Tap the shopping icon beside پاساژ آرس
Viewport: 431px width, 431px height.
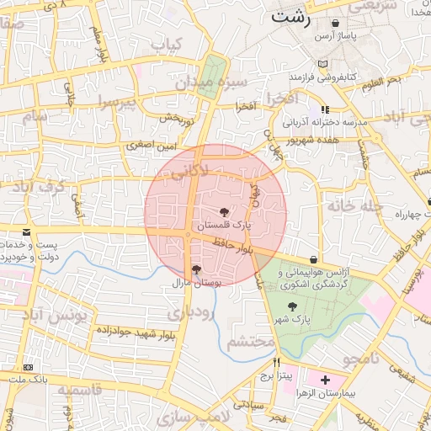pos(337,24)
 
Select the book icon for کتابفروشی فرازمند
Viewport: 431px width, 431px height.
pos(324,64)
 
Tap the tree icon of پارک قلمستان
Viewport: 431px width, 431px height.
pos(225,212)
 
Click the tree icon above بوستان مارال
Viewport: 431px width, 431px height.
pos(196,269)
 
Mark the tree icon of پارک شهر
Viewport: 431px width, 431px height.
pos(292,306)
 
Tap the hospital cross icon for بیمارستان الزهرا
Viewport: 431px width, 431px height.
pos(326,380)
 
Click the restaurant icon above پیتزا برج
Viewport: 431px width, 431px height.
pos(275,363)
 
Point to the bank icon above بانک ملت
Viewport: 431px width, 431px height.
pos(29,366)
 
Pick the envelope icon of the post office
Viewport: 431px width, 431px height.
pos(27,231)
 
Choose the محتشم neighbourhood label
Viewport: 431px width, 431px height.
pos(251,342)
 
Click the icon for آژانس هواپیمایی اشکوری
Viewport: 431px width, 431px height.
pos(314,259)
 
